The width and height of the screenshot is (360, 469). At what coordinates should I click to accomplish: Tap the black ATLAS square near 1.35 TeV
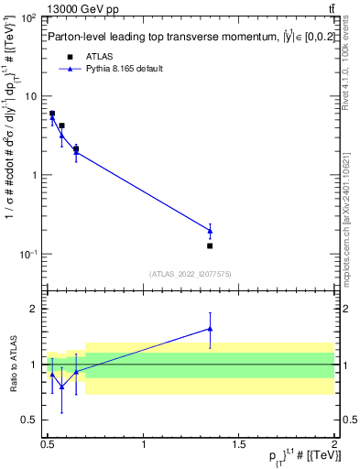tap(210, 245)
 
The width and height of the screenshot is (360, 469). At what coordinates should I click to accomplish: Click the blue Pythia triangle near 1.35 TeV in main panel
tap(210, 230)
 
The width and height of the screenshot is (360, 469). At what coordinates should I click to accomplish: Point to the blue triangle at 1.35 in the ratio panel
tap(210, 329)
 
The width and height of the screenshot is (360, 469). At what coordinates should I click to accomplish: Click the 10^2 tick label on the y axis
tap(29, 18)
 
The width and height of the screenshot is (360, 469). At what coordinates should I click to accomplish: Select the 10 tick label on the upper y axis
tap(31, 96)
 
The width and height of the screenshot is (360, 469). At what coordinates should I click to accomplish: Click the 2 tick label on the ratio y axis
tap(37, 309)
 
